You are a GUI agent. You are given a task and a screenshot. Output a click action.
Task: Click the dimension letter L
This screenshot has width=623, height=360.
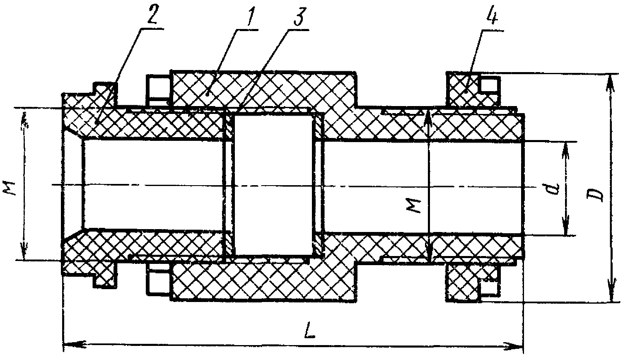(x=309, y=330)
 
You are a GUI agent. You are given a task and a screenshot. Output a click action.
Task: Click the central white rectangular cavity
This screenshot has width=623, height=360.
(x=274, y=185)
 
